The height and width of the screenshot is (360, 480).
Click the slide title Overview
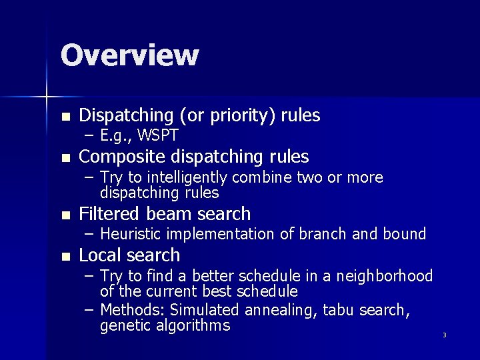click(x=129, y=55)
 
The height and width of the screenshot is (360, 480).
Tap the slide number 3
click(x=444, y=335)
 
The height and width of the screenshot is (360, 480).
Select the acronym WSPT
click(x=158, y=137)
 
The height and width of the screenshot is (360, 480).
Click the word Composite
click(x=123, y=157)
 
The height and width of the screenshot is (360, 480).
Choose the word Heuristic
click(x=131, y=234)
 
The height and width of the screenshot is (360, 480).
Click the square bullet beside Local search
click(x=65, y=257)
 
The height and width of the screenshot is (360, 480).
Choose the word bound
click(x=403, y=234)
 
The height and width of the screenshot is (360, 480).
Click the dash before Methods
click(x=89, y=310)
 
